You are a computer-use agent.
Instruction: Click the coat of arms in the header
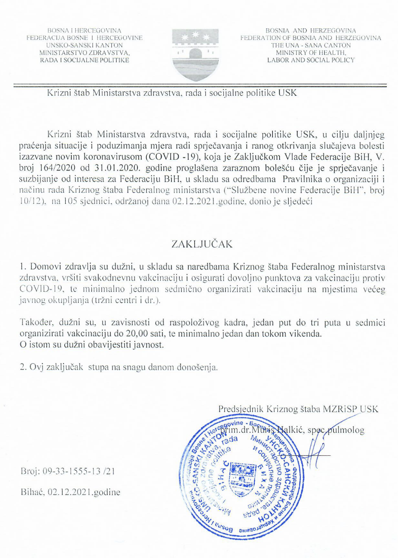pos(196,54)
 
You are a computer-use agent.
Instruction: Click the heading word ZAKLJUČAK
pos(199,244)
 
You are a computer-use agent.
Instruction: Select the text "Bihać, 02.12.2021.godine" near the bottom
pos(71,492)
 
